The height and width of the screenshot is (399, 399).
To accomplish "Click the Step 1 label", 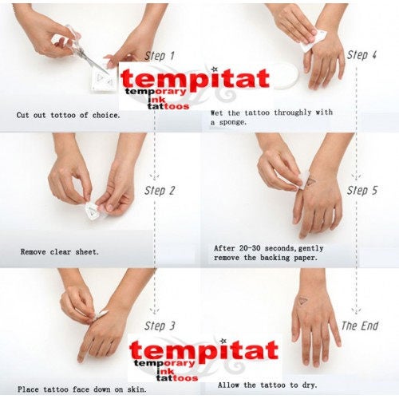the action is [160, 56].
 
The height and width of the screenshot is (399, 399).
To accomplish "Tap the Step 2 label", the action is [160, 191].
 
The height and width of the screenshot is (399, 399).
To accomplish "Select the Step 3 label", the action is [160, 326].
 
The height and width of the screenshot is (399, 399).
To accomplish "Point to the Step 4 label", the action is [361, 55].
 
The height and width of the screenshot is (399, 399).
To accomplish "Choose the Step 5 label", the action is [362, 191].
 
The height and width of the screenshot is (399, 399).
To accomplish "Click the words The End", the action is [360, 326].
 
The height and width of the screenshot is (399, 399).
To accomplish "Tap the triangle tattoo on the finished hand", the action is [302, 301].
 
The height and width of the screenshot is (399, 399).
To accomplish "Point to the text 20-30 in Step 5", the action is [249, 248].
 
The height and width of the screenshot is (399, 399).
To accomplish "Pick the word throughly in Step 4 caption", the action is [292, 113].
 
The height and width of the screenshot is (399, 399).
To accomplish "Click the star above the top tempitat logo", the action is [215, 69].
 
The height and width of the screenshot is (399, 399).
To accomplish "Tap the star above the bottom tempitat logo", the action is [223, 341].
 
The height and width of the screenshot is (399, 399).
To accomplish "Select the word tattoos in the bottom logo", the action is [177, 378].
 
